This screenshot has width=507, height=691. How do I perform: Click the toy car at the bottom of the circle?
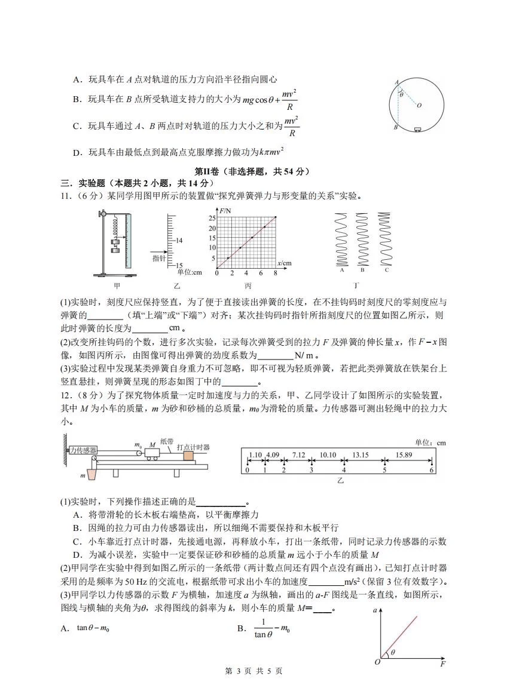coord(417,128)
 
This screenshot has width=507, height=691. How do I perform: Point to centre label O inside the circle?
coord(419,106)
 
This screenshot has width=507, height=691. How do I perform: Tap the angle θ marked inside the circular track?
coord(401,94)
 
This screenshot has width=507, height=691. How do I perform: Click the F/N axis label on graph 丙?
coord(225,211)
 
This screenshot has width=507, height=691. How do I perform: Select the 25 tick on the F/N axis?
coord(212,219)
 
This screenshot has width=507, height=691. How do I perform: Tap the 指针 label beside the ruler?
coord(158,257)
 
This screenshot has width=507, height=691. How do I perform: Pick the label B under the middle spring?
coord(362,270)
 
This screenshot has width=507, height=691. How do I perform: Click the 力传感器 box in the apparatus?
coord(83,450)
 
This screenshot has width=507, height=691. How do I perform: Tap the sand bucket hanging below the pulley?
coord(91,475)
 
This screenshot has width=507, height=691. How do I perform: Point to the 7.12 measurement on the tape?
coord(298,455)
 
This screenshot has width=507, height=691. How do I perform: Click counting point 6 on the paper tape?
coord(430,470)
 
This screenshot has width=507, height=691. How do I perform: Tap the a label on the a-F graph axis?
coord(375,611)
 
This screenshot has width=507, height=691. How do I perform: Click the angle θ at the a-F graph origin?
coord(393,653)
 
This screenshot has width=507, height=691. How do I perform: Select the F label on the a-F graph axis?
coord(442,664)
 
